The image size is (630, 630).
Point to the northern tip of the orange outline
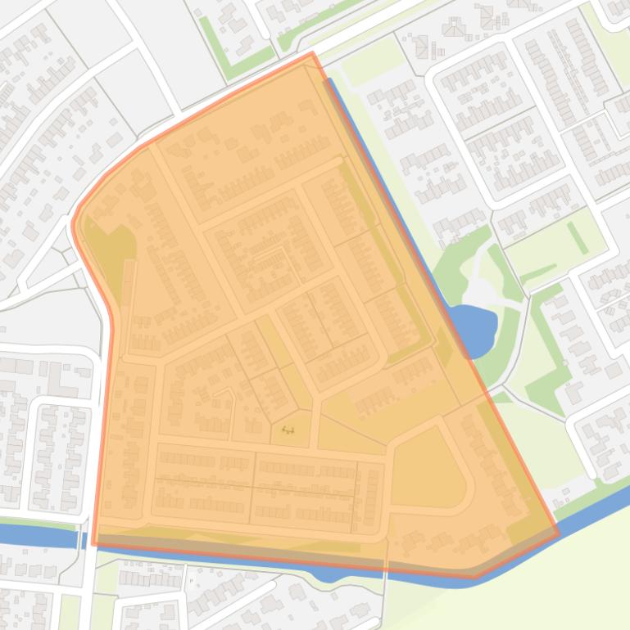[312, 54]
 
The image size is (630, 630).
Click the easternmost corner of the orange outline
[559, 534]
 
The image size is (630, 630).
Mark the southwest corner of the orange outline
[94, 542]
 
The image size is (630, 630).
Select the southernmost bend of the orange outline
[474, 576]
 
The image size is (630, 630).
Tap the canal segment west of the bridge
[41, 536]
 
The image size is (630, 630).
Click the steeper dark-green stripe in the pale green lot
[578, 237]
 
